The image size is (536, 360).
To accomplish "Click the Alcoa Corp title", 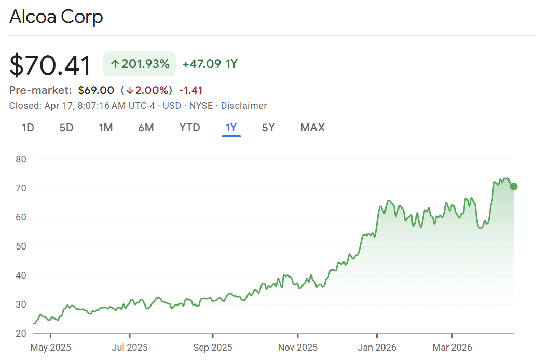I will [x=56, y=17].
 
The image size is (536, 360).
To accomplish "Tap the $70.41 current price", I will [x=50, y=65].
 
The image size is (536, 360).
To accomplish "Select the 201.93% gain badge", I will [x=140, y=64].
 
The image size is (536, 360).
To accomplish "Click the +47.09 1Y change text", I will [x=210, y=64].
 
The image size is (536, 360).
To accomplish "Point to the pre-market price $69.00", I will [x=96, y=90].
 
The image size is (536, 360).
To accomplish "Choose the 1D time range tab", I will [x=28, y=128].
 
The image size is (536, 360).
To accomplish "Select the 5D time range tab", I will [x=66, y=128].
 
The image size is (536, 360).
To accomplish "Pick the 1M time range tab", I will [x=106, y=128].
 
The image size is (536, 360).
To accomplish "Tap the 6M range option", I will [x=146, y=128].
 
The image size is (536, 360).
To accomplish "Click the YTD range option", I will [x=189, y=128].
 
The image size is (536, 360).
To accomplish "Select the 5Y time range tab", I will [x=268, y=128].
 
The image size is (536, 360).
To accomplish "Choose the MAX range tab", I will [x=312, y=128].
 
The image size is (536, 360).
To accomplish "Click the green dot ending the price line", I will [x=514, y=187].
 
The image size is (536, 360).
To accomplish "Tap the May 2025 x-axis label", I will [x=50, y=347].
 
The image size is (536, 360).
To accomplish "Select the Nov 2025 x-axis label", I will [x=297, y=347].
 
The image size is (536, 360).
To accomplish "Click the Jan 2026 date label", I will [x=377, y=347].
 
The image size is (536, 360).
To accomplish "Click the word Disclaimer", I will [x=244, y=106].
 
